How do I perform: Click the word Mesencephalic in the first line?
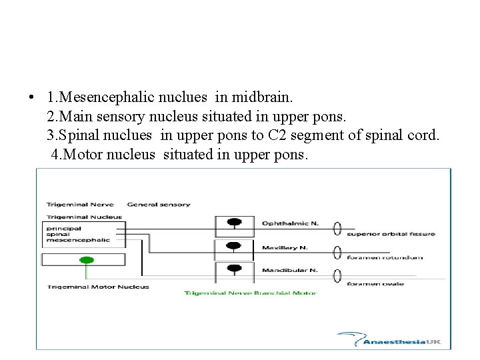pos(106,97)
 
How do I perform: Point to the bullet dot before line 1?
pos(31,98)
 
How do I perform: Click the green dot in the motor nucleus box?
pos(84,259)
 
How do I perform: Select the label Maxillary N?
pos(285,248)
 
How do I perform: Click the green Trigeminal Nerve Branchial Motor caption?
pos(250,293)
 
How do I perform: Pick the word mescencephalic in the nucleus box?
pos(69,239)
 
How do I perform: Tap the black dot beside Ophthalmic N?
pos(233,222)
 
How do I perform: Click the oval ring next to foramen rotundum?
pos(337,252)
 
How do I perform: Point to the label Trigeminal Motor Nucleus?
pos(98,287)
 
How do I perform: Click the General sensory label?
pos(159,205)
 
